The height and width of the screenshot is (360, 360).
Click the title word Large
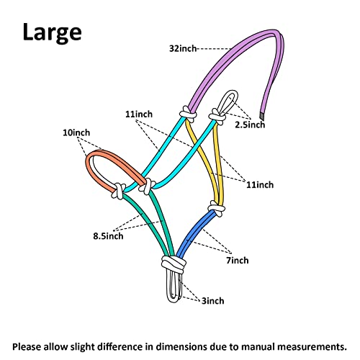tap(52, 32)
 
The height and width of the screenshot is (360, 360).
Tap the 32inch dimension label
tap(183, 48)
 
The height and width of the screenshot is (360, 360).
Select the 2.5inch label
tap(250, 125)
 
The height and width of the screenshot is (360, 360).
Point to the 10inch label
tap(76, 132)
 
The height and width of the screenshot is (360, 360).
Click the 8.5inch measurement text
tap(108, 236)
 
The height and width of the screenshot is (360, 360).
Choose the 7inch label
tap(238, 260)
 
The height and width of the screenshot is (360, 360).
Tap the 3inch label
tap(213, 301)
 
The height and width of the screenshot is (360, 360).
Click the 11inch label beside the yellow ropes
tap(260, 185)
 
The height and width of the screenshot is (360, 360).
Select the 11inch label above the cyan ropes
tap(139, 114)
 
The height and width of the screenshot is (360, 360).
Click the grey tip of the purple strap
tap(262, 116)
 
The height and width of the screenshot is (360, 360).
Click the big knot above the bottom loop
tap(174, 264)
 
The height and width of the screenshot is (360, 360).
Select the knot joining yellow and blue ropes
tap(217, 208)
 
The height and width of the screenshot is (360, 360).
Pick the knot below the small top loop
tap(217, 117)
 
